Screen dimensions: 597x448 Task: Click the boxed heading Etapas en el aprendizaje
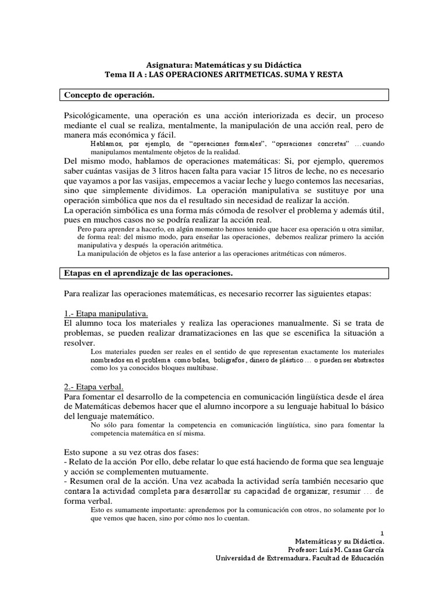148,272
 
